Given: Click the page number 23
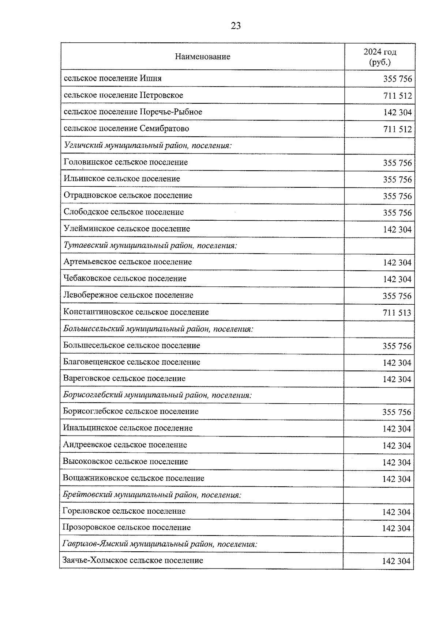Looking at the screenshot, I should [x=236, y=26].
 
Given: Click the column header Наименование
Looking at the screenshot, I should [x=202, y=57].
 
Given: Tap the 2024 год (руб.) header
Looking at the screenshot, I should [x=380, y=57].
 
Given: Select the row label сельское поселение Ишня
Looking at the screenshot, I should [x=113, y=79].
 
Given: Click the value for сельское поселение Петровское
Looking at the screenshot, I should [x=397, y=96].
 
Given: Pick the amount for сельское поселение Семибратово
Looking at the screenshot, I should [x=397, y=129].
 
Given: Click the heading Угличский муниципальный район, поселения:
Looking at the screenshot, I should [x=148, y=145].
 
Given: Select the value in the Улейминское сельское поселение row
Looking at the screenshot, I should [x=397, y=230].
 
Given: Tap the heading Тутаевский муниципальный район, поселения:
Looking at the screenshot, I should [x=150, y=246].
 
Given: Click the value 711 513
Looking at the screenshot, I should [x=397, y=313].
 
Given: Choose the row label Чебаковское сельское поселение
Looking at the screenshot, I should [x=125, y=279].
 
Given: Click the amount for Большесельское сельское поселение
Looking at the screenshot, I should [x=397, y=346].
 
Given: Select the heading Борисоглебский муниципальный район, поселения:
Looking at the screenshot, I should [x=157, y=395].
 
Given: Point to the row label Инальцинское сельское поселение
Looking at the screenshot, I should [x=128, y=428].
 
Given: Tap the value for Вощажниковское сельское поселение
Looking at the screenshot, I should [x=397, y=479].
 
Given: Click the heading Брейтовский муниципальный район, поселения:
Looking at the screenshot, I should [x=152, y=495].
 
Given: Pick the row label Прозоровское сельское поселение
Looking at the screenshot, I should [x=127, y=528].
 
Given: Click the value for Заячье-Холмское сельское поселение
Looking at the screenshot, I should [x=396, y=562].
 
